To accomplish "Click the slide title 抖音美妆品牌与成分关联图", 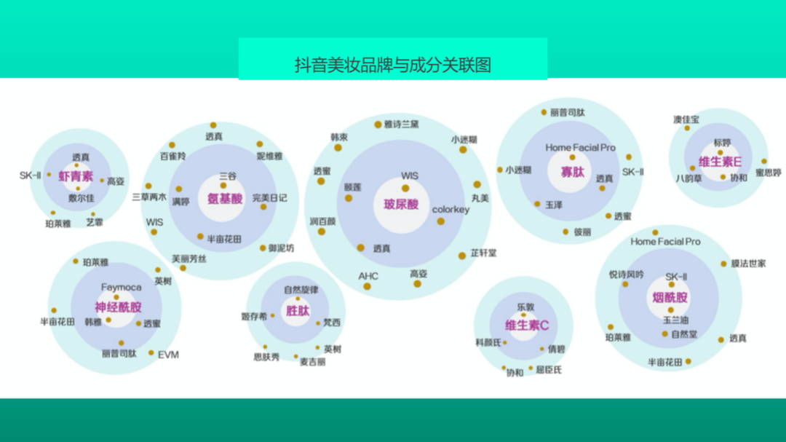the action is [393, 65].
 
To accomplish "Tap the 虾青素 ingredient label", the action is [76, 177].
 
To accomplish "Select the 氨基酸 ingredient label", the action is [225, 198].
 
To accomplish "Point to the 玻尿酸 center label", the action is [401, 205].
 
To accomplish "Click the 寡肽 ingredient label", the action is [573, 172].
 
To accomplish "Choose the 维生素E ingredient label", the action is [720, 162].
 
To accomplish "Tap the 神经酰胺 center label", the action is [118, 307].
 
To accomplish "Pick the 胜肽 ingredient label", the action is [297, 311].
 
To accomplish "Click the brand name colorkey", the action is [450, 210].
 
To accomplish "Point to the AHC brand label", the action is [368, 276].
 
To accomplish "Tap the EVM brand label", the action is [168, 355].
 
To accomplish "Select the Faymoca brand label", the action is [121, 288].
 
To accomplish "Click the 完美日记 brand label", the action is [270, 197].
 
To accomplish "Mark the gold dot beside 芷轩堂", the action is [462, 256].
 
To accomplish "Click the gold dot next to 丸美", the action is [477, 185].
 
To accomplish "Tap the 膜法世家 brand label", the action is [748, 264].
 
